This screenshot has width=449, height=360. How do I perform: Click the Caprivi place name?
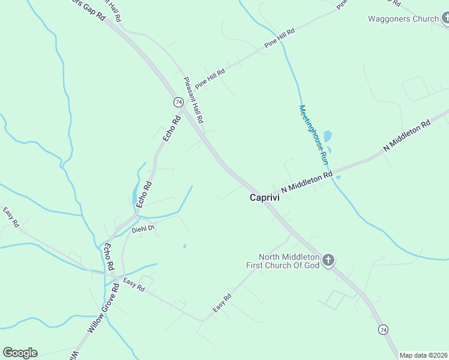point(262,197)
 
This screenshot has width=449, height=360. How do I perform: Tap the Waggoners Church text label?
point(403,19)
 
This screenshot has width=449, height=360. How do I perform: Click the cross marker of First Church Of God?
point(328,260)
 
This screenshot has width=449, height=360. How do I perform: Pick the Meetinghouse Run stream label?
point(313,136)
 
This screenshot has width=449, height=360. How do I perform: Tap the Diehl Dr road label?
point(143,228)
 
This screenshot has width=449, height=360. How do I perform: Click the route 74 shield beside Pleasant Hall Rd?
point(178,102)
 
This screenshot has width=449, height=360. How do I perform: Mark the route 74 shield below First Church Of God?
point(383,329)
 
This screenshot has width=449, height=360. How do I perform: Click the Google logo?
point(20,353)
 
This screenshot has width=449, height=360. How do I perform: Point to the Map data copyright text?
point(424,355)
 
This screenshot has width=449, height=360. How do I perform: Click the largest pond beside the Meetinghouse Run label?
point(328,136)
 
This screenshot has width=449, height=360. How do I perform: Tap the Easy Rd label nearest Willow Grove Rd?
point(134,284)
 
